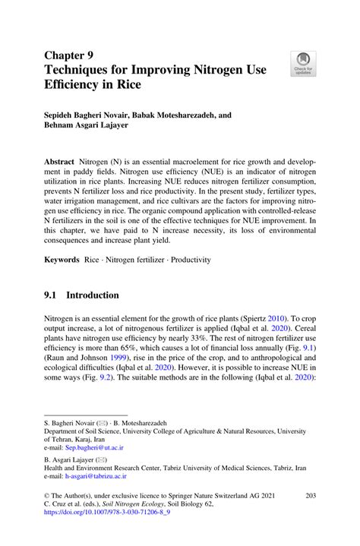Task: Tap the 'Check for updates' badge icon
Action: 303,63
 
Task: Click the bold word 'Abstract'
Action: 58,163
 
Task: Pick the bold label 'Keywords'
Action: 61,260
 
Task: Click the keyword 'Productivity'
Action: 192,260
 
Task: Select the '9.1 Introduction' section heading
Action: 81,295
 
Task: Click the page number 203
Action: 309,495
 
